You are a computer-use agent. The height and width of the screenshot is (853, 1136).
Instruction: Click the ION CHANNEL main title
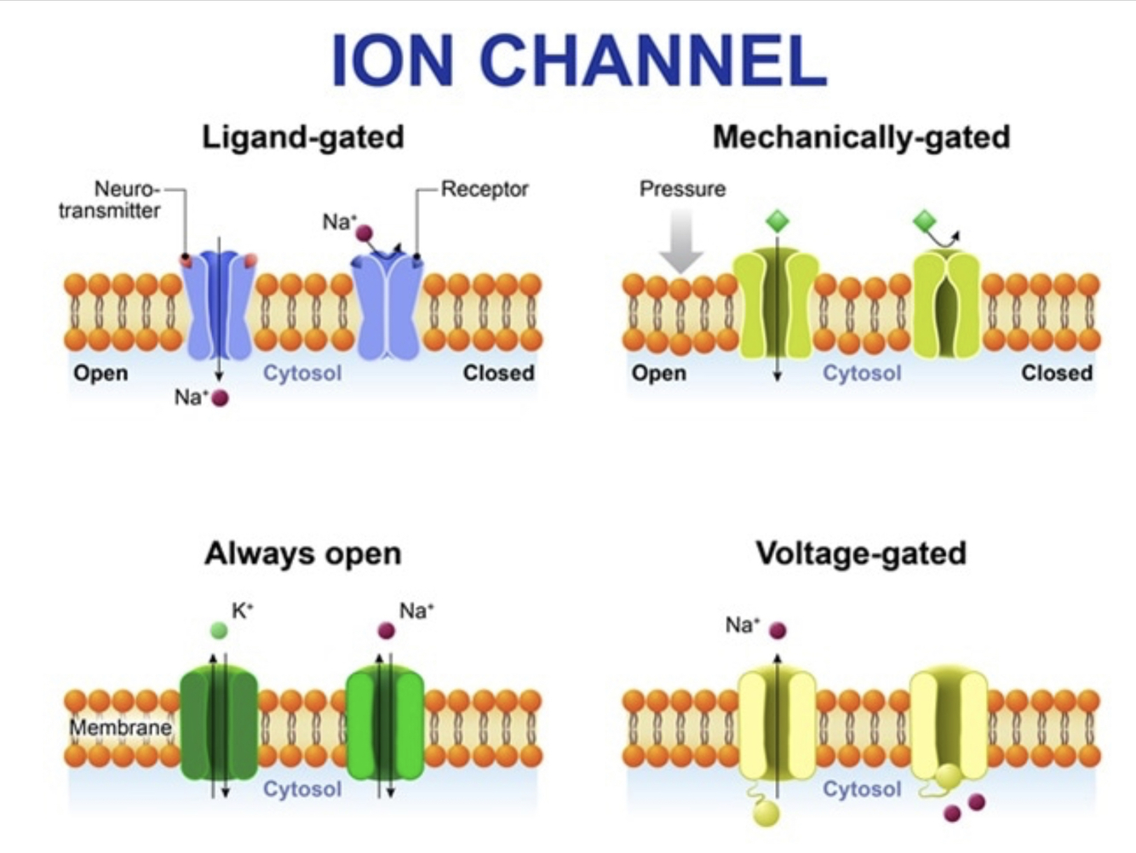578,61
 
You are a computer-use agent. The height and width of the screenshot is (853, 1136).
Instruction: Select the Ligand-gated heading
302,137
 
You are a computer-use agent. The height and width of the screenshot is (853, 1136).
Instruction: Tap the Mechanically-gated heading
861,137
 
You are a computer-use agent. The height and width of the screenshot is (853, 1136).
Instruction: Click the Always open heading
302,553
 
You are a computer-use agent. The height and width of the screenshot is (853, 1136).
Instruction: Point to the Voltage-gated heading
861,553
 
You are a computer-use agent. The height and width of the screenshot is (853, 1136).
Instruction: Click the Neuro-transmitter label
111,199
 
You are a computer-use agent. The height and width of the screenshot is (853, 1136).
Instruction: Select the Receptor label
485,189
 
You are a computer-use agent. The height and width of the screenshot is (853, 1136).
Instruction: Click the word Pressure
682,189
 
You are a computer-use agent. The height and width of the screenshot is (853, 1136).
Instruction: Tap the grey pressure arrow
680,242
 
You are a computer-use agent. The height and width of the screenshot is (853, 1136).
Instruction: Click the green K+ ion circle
219,630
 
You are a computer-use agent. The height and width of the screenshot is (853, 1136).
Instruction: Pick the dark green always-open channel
219,724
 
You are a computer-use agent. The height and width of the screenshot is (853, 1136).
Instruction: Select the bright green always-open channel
385,724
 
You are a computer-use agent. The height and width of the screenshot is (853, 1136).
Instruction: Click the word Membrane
120,728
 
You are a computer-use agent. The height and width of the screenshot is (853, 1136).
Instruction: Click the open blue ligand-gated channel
218,306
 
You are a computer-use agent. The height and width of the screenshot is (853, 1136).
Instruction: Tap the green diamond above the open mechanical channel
777,221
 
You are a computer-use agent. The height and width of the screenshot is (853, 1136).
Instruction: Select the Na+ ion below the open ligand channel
220,398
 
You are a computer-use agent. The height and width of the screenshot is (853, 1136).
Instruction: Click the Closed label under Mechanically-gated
1056,373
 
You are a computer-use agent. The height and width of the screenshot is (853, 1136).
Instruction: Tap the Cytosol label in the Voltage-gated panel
861,789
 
